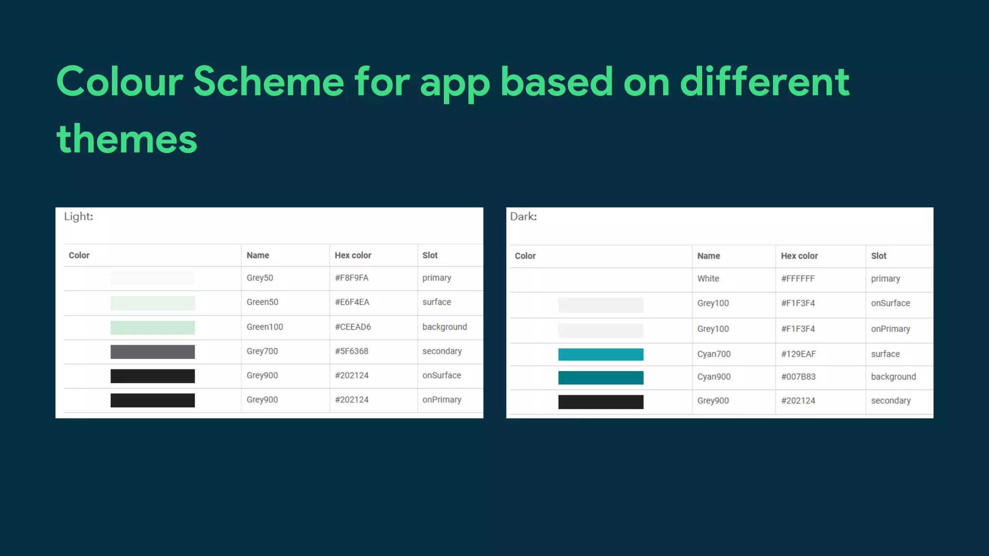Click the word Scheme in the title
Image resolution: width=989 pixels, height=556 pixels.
click(268, 82)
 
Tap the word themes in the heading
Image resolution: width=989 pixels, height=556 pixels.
click(127, 139)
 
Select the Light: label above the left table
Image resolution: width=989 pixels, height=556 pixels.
click(78, 216)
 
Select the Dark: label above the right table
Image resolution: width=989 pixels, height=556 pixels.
click(523, 216)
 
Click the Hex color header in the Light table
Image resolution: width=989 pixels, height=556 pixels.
click(353, 255)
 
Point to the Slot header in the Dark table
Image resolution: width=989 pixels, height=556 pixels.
click(878, 256)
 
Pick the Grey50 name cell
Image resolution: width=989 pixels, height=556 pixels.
click(260, 278)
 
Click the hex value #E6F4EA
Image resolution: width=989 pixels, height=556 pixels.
click(352, 302)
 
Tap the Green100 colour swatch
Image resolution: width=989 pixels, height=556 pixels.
click(153, 327)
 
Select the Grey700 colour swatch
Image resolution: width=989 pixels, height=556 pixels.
click(153, 352)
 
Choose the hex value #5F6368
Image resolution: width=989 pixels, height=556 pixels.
click(352, 351)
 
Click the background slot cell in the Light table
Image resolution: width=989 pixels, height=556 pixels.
click(444, 327)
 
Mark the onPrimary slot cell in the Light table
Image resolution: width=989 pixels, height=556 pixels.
click(441, 400)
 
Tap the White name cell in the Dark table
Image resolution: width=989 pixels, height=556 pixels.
click(708, 278)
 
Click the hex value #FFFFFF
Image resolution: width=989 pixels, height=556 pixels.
click(798, 278)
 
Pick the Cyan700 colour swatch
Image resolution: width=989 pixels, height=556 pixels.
click(601, 354)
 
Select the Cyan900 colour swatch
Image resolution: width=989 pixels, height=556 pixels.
click(601, 377)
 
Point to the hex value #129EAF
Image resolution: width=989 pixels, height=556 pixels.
click(798, 354)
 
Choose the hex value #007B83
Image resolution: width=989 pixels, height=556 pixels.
click(798, 377)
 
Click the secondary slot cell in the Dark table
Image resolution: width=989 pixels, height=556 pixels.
click(890, 401)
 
